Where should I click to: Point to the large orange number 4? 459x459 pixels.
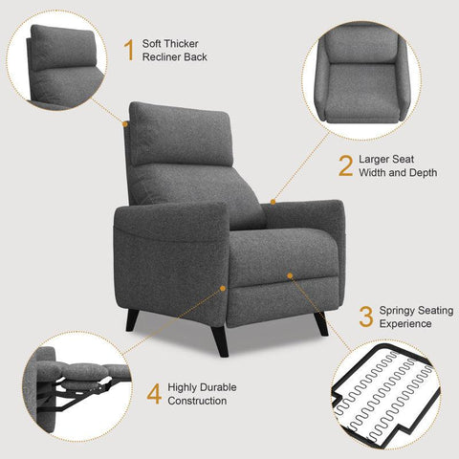click(153, 393)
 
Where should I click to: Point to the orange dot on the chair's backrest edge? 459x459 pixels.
click(125, 122)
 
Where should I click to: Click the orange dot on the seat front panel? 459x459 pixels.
click(290, 276)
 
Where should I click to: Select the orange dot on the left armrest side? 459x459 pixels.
click(223, 287)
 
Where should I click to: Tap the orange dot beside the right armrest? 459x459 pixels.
click(273, 202)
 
